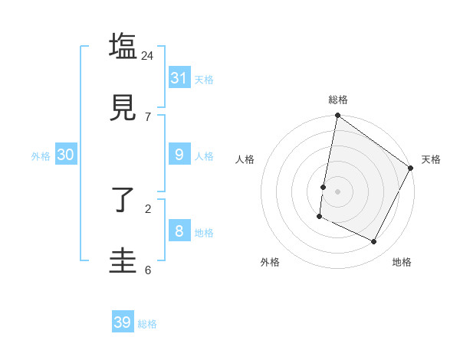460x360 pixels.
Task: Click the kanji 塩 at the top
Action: point(123,46)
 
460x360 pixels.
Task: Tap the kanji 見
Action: point(123,106)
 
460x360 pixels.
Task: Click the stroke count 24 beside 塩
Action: point(148,55)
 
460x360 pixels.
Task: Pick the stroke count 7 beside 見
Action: point(148,116)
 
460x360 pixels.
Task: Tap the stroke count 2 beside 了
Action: point(148,208)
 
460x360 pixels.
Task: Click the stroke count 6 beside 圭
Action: point(148,270)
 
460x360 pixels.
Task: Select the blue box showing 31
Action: point(179,78)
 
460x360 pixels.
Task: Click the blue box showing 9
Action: point(179,155)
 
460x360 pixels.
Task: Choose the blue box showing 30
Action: point(66,155)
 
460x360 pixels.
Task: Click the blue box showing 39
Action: point(123,322)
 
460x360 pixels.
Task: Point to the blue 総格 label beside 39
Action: point(147,324)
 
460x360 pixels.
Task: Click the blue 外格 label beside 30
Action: point(41,156)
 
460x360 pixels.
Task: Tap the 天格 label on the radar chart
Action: point(431,159)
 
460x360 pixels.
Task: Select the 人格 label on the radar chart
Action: point(245,159)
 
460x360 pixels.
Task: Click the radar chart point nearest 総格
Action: point(337,116)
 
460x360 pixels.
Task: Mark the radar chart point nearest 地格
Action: point(374,242)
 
